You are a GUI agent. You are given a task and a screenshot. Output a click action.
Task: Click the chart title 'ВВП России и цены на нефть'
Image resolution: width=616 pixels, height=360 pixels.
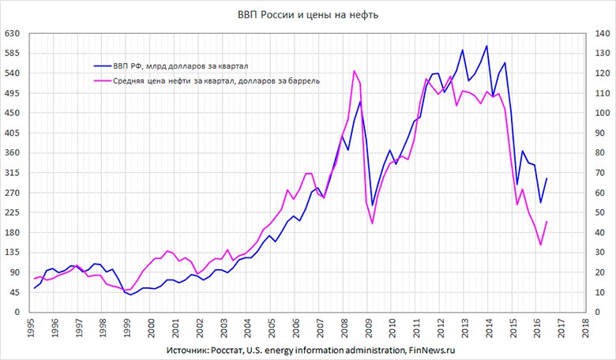coord(308,15)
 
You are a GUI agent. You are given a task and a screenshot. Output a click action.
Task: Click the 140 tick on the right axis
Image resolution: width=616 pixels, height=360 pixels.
coord(598,34)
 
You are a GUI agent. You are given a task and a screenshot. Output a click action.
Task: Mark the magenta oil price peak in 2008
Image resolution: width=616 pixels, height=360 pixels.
coord(354,71)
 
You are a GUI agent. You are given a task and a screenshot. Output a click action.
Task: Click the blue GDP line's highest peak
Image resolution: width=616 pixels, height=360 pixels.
coord(486,46)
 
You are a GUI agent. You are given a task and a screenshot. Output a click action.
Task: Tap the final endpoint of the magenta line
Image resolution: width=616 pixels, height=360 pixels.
coord(547,222)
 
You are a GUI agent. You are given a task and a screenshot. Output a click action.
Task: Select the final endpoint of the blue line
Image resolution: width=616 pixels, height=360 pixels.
coord(547,178)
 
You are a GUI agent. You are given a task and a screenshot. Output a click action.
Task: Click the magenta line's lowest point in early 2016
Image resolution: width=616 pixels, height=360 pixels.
coord(540,245)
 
